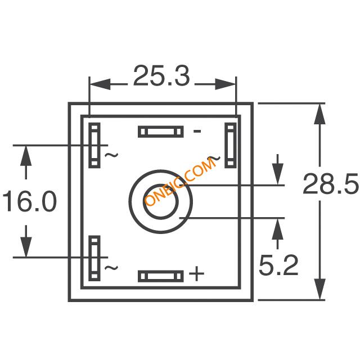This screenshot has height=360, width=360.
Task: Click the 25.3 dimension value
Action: [161, 76]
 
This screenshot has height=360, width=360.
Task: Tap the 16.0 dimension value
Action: [30, 201]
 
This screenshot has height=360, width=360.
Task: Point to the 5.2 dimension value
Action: [278, 265]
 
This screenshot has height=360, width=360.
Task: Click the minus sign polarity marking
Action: [197, 131]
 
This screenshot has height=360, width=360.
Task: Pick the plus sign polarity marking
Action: [196, 273]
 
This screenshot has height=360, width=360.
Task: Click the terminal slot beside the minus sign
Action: [161, 132]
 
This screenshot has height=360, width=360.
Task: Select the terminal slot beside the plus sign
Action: [161, 276]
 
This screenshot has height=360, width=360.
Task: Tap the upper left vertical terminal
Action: [94, 145]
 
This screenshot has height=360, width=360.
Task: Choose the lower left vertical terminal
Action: [94, 258]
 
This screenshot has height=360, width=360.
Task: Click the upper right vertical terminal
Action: [231, 145]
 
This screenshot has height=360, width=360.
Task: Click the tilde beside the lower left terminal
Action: [111, 268]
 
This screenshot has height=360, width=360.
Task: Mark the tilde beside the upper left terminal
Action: [111, 155]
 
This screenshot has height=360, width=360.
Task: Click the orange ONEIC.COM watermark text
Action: [180, 182]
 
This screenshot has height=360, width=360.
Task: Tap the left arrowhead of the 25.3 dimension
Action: [100, 84]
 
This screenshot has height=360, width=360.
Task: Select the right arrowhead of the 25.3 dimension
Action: [225, 84]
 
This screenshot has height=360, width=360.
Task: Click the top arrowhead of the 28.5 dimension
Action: [320, 114]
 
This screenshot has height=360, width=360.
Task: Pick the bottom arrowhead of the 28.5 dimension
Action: [320, 289]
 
